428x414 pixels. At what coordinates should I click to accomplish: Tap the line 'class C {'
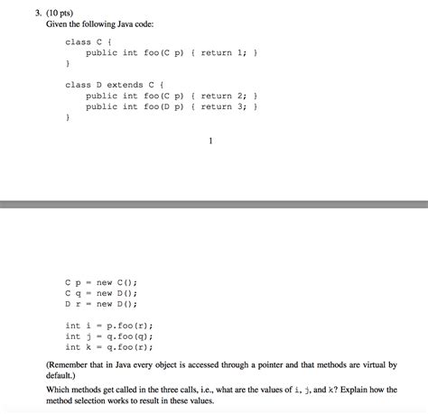point(88,41)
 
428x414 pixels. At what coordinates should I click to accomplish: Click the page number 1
point(210,140)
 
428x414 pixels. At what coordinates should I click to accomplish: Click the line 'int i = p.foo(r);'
point(108,325)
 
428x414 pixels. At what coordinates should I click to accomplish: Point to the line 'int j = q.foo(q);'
point(108,336)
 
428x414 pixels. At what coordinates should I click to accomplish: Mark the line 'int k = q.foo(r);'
point(108,346)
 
